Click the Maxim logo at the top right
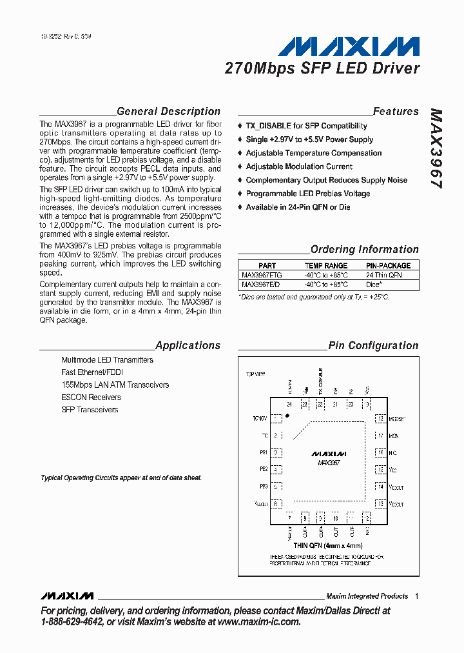click(349, 48)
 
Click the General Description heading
click(168, 111)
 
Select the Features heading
click(396, 111)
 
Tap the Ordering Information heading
click(364, 249)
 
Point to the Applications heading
click(188, 345)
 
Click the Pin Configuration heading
click(373, 345)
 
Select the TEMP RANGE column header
click(325, 265)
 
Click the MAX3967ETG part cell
click(262, 275)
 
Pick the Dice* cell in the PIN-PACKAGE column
click(374, 284)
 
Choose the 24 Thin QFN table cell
click(383, 275)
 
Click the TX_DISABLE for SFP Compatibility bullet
click(306, 126)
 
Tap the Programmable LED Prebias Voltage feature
click(307, 194)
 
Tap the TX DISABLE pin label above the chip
click(320, 381)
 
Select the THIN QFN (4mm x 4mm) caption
click(328, 545)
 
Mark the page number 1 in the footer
click(417, 596)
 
